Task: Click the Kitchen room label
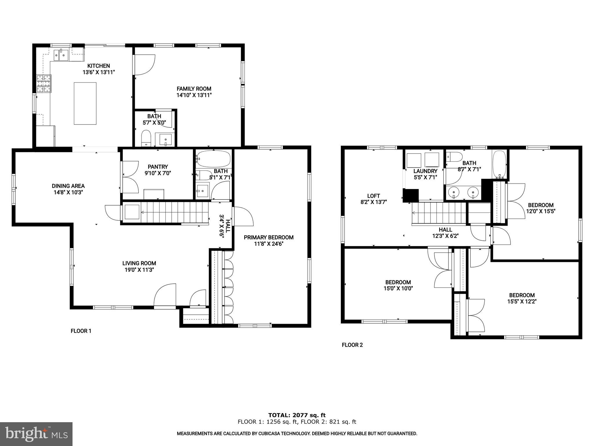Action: [99, 66]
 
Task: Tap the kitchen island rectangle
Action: [85, 103]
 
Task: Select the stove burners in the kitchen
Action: [44, 84]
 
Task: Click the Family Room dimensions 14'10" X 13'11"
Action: [194, 95]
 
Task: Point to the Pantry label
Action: [158, 167]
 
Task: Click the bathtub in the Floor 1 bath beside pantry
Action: [214, 159]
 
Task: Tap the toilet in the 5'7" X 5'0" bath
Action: [146, 139]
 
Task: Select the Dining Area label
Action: [68, 186]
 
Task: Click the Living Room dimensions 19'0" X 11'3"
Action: [139, 270]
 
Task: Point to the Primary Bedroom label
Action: [269, 238]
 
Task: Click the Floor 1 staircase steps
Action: [174, 213]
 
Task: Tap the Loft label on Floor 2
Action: [374, 196]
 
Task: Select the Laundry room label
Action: [425, 171]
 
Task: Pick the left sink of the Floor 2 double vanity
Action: [453, 192]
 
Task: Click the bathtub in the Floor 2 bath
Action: [499, 164]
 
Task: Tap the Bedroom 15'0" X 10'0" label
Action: [398, 282]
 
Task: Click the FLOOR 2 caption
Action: [352, 345]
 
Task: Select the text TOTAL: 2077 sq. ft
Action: [297, 415]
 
